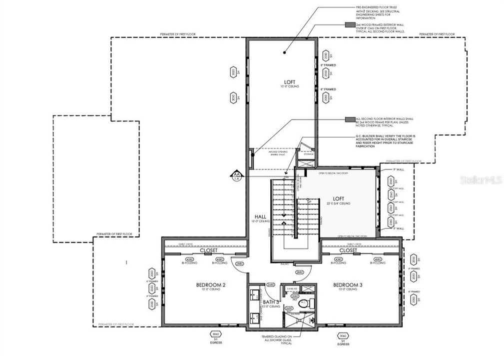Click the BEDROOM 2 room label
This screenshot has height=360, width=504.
coord(210,285)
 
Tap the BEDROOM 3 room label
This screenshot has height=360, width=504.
coord(348,285)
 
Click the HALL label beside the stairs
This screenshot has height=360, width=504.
coord(259,217)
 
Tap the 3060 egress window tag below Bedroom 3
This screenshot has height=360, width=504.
coord(343,334)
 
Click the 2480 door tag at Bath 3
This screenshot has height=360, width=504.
coord(271,284)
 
